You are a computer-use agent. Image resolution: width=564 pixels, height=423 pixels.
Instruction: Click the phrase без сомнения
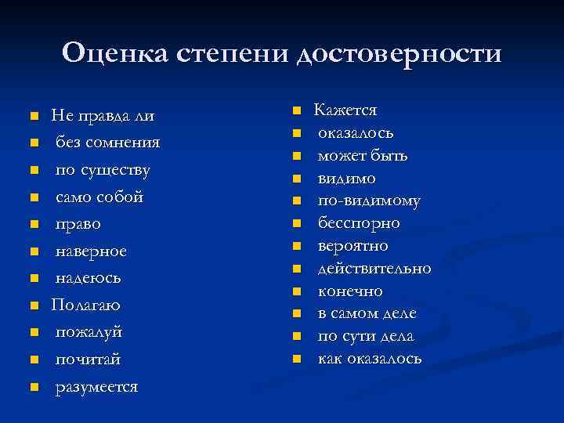pos(107,143)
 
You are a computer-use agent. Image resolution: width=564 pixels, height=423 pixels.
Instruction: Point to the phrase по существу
pos(103,170)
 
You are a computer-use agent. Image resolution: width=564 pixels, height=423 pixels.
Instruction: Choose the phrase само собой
pos(99,197)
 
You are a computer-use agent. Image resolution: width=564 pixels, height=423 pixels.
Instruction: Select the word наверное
pos(91,251)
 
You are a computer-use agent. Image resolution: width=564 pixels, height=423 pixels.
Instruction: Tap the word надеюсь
pos(88,279)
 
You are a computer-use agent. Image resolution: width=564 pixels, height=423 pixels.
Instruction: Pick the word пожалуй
pos(89,333)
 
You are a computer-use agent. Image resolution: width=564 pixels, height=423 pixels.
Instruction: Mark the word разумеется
pos(96,387)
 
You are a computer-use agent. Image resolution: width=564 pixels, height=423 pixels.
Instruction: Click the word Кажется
pos(345,110)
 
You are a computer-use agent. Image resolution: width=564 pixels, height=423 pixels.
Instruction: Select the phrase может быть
pos(363,156)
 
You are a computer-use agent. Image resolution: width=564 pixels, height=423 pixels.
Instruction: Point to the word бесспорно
pos(359,223)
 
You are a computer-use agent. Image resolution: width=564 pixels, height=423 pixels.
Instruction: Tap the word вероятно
pos(353,246)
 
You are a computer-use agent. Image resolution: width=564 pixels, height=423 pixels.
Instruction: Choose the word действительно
pos(374,269)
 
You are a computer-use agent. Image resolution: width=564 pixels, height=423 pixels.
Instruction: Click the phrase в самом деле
pos(367,313)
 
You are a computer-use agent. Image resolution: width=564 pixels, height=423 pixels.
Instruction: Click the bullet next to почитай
pos(34,360)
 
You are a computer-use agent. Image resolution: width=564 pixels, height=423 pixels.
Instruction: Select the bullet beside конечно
pos(297,292)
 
